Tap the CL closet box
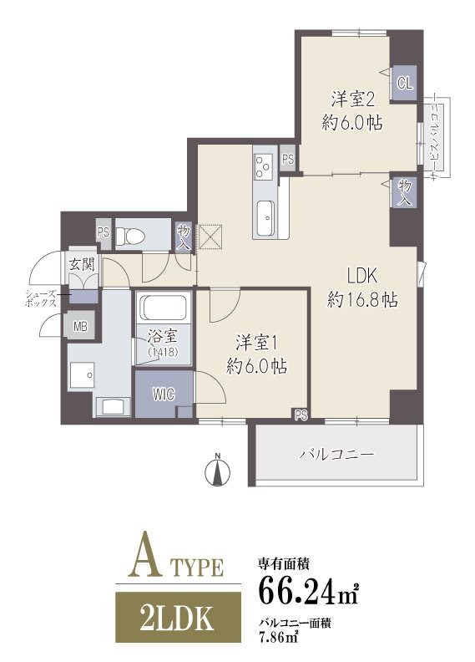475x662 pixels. tap(405, 83)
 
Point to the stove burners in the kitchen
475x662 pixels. tap(264, 165)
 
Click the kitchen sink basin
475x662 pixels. tap(265, 219)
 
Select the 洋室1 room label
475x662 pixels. tap(255, 342)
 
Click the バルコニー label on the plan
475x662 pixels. tap(336, 455)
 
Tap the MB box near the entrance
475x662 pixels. tap(81, 327)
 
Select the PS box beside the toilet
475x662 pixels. tap(104, 233)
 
